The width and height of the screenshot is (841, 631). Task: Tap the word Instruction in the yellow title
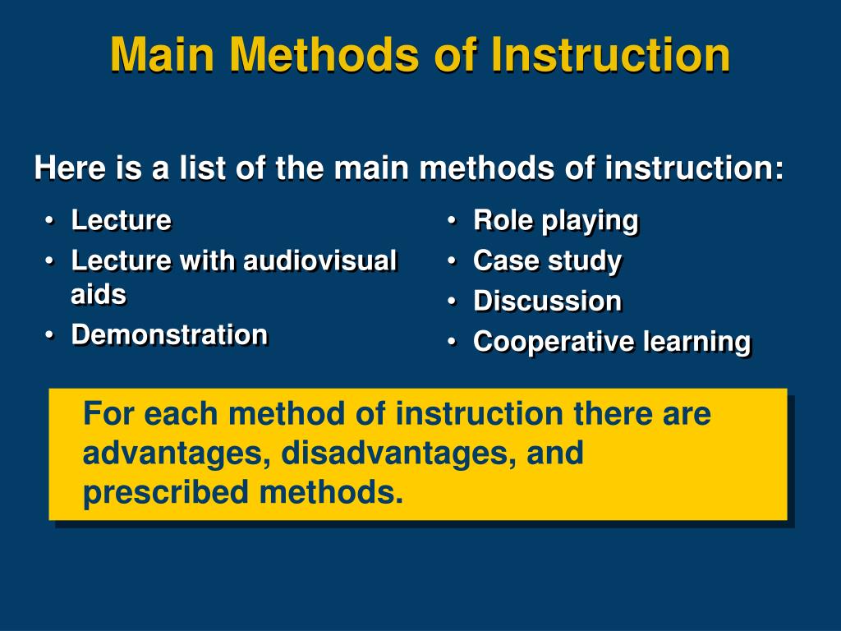609,55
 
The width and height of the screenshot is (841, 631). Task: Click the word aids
99,295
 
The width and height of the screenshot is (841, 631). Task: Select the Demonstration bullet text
169,334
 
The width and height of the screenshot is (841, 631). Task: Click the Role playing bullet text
555,221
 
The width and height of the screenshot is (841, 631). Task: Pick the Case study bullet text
547,261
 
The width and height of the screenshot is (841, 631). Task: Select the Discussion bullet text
547,301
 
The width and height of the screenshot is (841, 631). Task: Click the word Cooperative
554,342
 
